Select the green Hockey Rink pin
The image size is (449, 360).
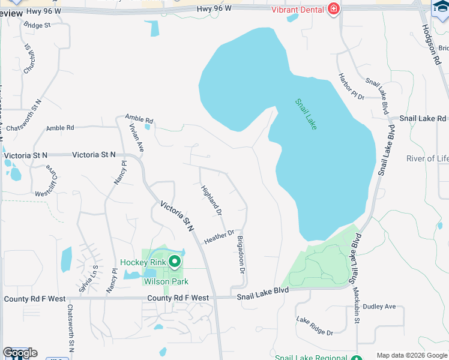point(175,262)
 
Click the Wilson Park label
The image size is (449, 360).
point(166,281)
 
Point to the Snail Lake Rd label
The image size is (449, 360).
point(423,119)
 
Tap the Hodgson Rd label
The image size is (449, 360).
point(431,40)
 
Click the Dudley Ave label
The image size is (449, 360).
point(379,307)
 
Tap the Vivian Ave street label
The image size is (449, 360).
point(137,137)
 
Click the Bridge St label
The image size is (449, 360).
point(38,26)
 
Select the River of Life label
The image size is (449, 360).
point(427,158)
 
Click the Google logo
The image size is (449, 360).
point(19,353)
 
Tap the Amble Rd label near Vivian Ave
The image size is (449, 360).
point(139,120)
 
